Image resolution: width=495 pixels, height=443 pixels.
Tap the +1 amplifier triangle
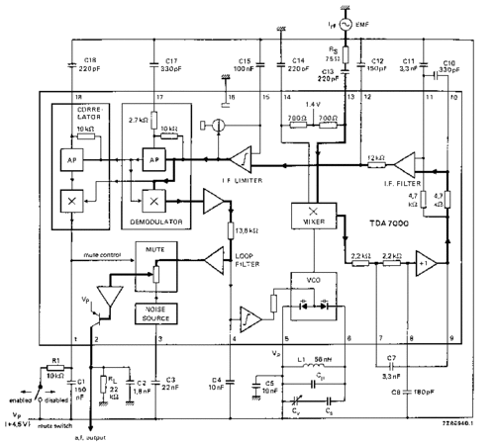tap(426, 265)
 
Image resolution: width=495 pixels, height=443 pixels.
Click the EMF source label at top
tap(367, 22)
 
